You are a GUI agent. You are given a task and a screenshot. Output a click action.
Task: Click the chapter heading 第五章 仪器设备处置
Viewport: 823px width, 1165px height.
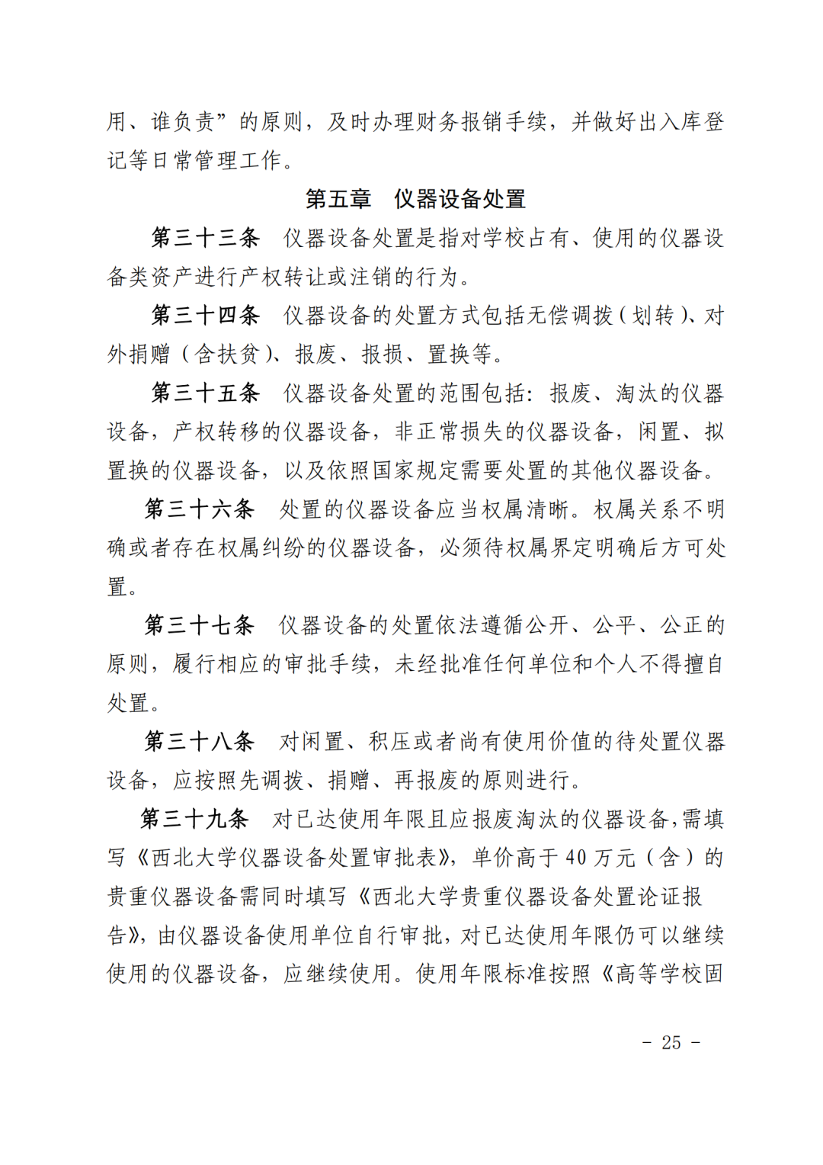click(415, 199)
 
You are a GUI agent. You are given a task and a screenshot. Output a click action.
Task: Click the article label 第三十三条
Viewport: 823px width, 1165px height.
click(205, 238)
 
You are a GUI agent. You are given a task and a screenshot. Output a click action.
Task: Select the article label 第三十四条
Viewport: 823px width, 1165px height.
click(205, 316)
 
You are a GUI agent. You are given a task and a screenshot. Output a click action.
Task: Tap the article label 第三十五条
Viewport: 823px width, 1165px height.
click(205, 393)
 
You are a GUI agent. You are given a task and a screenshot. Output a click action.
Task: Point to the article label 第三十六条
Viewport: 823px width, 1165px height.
click(200, 509)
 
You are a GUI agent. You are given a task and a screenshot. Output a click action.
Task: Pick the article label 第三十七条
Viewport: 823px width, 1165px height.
click(200, 625)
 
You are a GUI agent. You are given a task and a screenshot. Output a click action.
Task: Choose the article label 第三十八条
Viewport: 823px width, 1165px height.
click(200, 741)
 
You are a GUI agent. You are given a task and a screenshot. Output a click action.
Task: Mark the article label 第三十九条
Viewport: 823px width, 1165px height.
click(194, 819)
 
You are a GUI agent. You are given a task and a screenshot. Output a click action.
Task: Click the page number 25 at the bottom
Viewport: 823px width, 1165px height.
click(671, 1042)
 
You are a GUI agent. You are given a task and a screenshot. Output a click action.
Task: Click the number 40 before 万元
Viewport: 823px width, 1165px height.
click(575, 859)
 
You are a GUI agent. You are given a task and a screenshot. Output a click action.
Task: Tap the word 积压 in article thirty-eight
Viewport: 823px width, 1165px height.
click(391, 741)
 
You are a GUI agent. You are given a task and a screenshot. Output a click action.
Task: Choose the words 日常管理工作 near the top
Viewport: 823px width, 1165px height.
click(216, 161)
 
